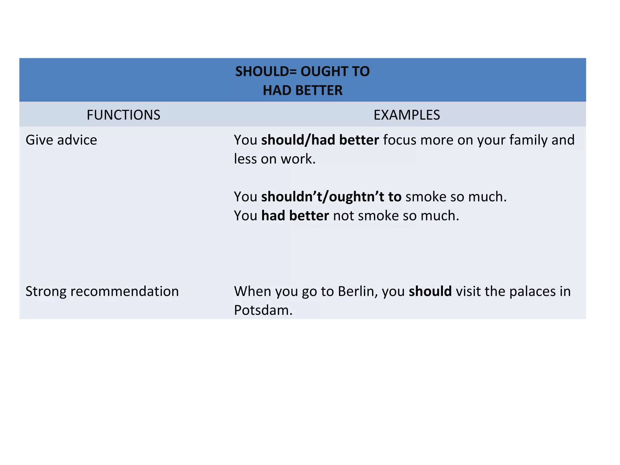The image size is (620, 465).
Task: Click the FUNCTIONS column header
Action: click(x=123, y=115)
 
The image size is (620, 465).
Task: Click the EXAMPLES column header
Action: click(x=407, y=115)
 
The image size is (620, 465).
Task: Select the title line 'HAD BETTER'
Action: click(x=302, y=91)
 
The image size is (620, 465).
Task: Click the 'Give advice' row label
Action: click(x=61, y=140)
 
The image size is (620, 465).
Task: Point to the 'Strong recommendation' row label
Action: click(x=102, y=292)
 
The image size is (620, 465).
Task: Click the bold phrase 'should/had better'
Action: click(x=320, y=140)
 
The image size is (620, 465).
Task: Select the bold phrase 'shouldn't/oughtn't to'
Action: click(x=331, y=197)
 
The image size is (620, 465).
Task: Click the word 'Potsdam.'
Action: click(x=263, y=310)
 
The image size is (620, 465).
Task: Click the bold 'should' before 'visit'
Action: click(x=430, y=292)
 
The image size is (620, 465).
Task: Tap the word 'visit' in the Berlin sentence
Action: click(x=468, y=292)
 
